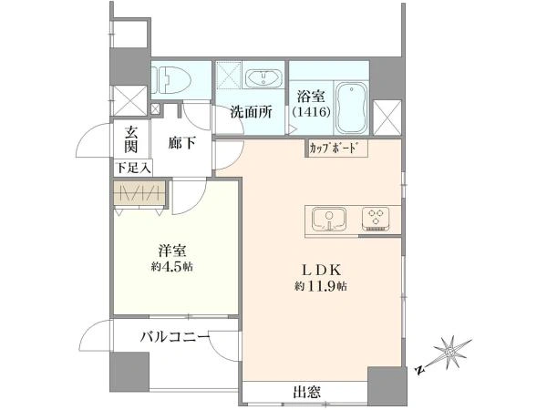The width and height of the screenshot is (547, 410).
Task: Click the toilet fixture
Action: [x=172, y=79]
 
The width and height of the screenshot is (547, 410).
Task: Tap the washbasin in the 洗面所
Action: [x=263, y=78]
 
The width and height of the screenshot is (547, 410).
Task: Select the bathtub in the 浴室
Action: [x=351, y=108]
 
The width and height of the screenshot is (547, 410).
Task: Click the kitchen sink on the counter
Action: [x=329, y=219]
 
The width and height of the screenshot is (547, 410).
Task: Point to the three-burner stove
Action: [x=376, y=220]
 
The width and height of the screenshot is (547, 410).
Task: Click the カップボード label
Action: [x=334, y=149]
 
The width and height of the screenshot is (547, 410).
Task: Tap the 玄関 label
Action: [x=131, y=139]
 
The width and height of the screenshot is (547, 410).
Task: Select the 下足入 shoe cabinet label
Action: [x=134, y=169]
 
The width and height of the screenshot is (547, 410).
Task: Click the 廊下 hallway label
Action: [x=182, y=143]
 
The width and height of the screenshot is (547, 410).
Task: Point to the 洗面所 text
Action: [x=252, y=112]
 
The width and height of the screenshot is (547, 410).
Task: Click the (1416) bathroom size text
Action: [x=311, y=112]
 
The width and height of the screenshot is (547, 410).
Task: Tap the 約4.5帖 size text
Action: [x=172, y=267]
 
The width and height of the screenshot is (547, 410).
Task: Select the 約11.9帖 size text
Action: [x=321, y=286]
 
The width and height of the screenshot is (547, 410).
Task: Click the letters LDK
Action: [x=321, y=270]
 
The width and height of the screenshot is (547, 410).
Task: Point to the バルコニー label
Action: [x=175, y=337]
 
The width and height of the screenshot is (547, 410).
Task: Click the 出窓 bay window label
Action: [x=306, y=392]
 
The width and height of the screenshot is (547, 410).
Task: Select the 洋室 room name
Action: [x=172, y=251]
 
